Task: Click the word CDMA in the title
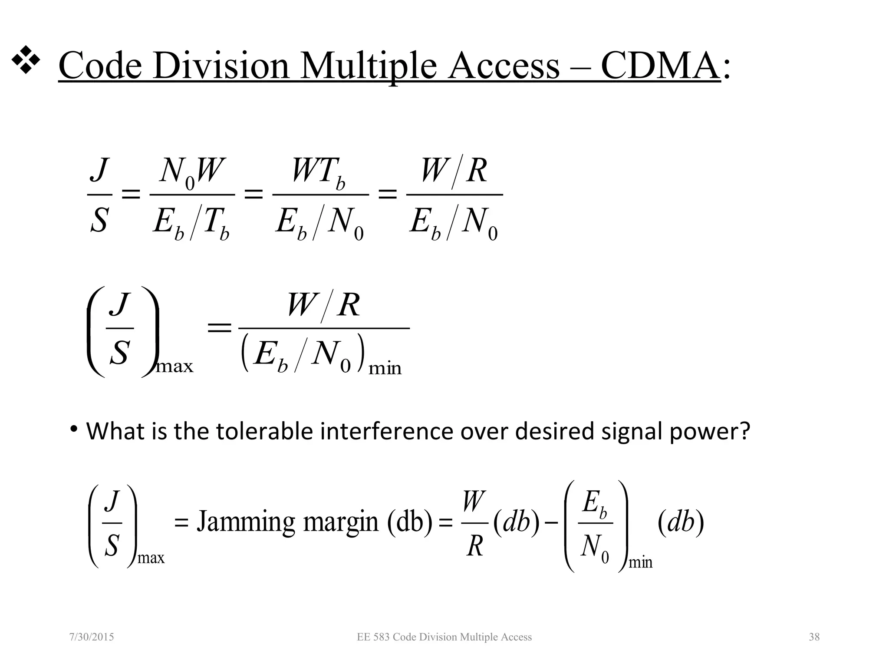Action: [x=660, y=66]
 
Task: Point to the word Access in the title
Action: [x=503, y=66]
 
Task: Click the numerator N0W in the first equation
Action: [x=191, y=172]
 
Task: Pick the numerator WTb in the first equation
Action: [x=319, y=172]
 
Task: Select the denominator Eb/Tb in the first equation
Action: [x=191, y=223]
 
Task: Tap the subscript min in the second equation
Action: [x=385, y=369]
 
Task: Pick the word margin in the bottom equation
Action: [x=341, y=522]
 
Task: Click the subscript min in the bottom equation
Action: [x=641, y=563]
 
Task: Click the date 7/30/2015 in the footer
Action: [x=92, y=637]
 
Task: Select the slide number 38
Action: [x=814, y=637]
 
